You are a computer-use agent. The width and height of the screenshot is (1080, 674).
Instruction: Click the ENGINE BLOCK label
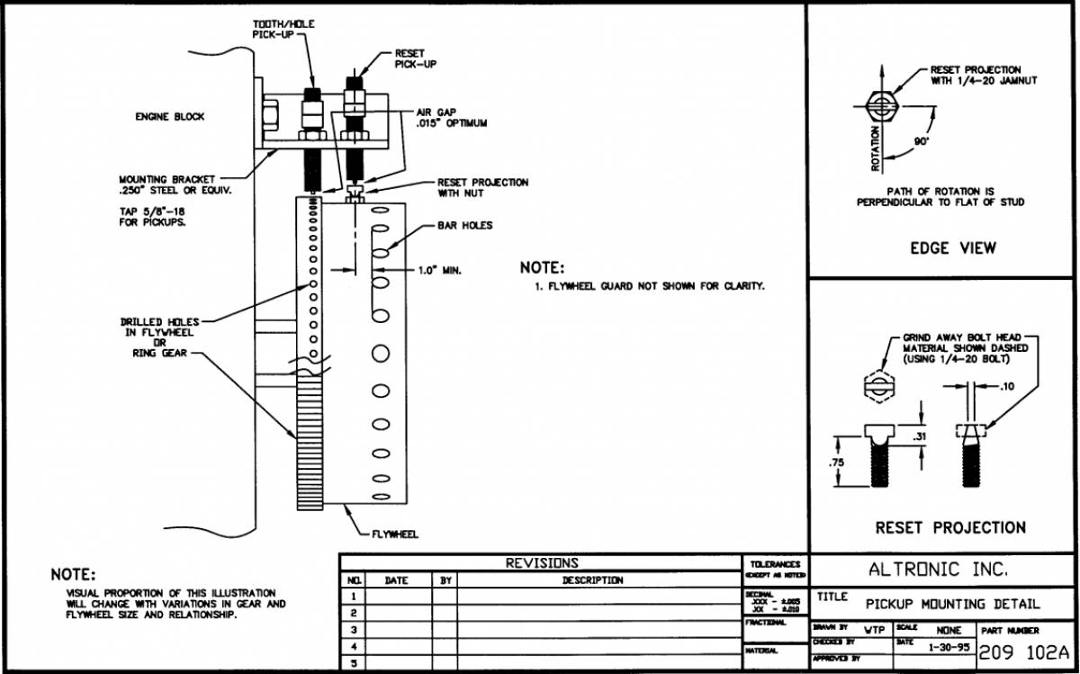tap(170, 117)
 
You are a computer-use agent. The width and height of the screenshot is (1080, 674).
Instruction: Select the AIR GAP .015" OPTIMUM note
tap(451, 118)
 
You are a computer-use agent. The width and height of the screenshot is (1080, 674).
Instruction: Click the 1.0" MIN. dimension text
tap(439, 270)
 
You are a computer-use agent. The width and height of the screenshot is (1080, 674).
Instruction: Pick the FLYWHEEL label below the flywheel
tap(395, 534)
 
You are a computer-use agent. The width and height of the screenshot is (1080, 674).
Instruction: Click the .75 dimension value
tap(837, 463)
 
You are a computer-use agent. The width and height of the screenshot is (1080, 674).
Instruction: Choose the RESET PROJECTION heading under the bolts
tap(950, 527)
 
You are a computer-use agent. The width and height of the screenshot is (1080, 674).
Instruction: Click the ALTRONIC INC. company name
tap(938, 570)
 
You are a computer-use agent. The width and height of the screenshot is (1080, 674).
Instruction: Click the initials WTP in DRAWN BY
tap(873, 631)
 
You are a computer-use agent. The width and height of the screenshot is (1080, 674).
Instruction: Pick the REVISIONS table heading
tap(542, 563)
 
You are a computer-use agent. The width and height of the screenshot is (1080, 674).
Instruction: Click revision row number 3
tap(354, 630)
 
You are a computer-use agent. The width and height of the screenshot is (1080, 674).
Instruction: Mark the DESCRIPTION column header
tap(592, 580)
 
